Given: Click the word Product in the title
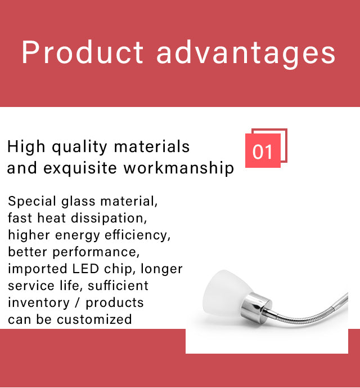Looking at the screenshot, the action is point(82,52).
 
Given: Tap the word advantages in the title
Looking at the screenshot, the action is point(246,55).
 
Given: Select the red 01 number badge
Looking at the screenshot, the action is point(263,150).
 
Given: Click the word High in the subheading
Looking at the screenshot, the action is point(26,147).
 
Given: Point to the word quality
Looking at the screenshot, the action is point(79,147).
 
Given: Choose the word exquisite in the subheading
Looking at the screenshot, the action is point(80,168).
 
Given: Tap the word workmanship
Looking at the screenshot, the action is point(178,168).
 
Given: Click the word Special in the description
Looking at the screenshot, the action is point(32,201).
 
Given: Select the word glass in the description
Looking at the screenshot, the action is point(78,201).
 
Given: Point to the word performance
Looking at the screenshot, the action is point(96,252).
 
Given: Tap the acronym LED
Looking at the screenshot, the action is point(85,269).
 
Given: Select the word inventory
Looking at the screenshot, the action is point(39,303).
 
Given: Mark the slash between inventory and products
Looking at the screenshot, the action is point(78,303).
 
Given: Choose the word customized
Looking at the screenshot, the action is point(94,319).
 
